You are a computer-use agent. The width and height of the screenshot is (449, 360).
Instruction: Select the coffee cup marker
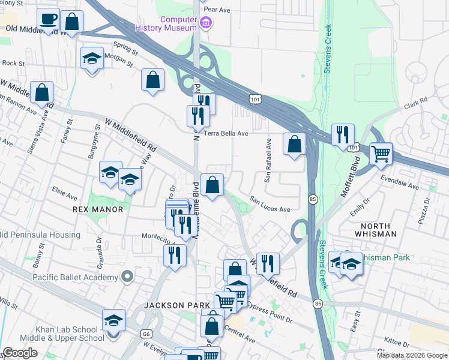click(48, 19)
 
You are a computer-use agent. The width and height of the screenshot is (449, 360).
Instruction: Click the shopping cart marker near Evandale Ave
click(381, 155)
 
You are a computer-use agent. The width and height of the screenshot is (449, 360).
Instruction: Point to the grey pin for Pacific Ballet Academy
click(126, 277)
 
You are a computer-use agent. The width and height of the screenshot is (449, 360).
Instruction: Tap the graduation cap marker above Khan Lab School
click(113, 321)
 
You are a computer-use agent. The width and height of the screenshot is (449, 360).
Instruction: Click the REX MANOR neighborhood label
click(97, 209)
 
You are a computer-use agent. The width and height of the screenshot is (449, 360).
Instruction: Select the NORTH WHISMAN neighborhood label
click(371, 228)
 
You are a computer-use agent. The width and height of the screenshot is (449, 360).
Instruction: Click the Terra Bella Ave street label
click(226, 133)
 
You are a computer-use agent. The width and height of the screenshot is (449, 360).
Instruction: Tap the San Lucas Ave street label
click(270, 205)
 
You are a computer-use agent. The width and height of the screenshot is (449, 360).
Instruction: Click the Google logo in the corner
click(20, 352)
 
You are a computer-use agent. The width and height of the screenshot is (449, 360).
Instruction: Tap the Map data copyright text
click(411, 355)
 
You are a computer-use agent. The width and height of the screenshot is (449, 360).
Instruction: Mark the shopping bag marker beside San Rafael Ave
click(294, 144)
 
